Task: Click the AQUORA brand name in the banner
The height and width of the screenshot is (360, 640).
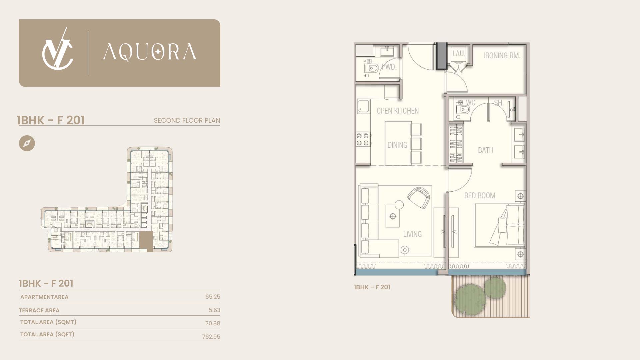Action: pos(150,52)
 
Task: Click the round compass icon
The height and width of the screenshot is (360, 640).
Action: pos(27,143)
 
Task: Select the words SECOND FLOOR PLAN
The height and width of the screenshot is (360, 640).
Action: pos(187,120)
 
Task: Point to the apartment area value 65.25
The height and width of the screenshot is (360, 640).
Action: pos(213,297)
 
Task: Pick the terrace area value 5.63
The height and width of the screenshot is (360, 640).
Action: pos(214,310)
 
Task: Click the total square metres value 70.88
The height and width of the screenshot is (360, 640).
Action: pos(213,323)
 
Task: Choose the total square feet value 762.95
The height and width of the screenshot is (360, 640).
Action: pos(211,337)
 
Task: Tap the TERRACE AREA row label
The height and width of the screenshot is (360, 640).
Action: pos(39,310)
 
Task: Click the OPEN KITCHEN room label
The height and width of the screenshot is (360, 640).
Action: pos(398,111)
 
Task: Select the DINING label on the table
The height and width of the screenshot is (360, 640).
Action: pos(397,145)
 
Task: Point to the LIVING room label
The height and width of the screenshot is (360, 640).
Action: pos(412,234)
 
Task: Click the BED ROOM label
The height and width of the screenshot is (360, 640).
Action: pos(480,195)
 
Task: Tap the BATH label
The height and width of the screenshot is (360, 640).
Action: pos(486,150)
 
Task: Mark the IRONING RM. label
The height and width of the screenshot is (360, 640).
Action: pos(502,55)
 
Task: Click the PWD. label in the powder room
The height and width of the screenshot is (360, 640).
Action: pos(389,67)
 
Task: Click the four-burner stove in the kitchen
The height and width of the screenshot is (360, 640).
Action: pos(363,139)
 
